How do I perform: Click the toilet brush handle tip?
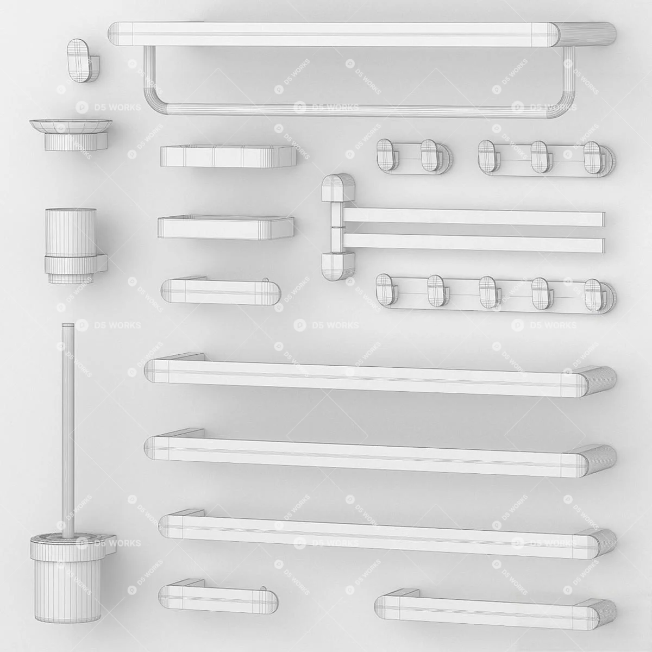(x=68, y=325)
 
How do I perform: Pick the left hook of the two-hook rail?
(x=387, y=154)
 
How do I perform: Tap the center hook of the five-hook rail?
(x=488, y=291)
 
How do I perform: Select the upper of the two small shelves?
(x=228, y=156)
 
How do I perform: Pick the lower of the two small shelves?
(x=225, y=227)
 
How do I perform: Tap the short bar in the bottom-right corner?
(x=496, y=612)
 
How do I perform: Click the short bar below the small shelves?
(x=221, y=291)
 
